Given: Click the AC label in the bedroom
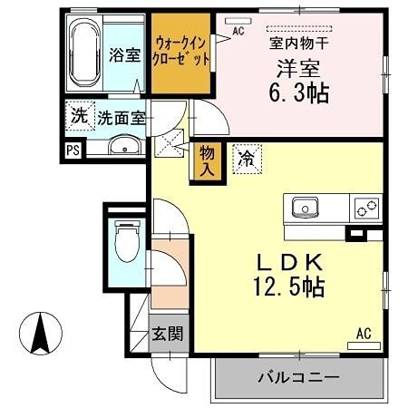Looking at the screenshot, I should click(239, 31).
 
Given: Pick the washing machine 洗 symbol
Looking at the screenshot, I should click(80, 117).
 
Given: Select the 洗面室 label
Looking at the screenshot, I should click(121, 118).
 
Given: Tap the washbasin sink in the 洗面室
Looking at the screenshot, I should click(124, 148).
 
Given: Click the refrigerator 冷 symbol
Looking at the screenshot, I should click(245, 158).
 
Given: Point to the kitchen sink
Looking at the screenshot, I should click(304, 207).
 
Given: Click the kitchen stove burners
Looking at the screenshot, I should click(368, 208).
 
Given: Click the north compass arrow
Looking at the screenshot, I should click(40, 333).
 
